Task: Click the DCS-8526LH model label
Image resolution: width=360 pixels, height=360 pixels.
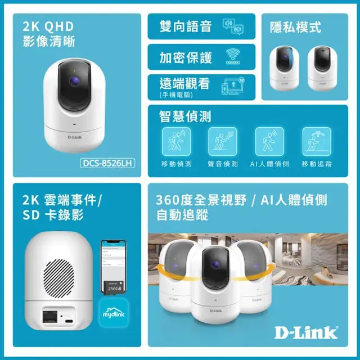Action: tap(107, 164)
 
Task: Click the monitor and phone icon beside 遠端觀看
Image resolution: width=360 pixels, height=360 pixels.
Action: tap(235, 85)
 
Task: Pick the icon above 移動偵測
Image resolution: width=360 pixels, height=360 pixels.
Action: tap(176, 141)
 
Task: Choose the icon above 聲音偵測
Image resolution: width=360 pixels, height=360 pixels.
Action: tap(223, 141)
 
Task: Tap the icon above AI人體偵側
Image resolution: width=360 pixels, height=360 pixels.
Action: tap(269, 141)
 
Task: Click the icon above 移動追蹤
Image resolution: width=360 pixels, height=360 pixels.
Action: tap(316, 141)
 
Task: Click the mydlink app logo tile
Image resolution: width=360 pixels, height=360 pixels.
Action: tap(114, 313)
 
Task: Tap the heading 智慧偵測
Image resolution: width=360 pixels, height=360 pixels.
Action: tap(186, 116)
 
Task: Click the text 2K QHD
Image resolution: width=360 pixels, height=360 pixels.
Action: tap(48, 27)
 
